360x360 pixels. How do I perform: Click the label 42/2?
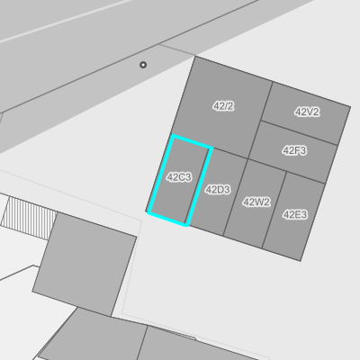[x=223, y=106]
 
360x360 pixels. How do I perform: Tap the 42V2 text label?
[x=307, y=112]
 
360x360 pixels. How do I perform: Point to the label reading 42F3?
[x=294, y=150]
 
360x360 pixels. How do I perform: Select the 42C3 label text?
[x=179, y=177]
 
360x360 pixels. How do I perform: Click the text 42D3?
[x=218, y=190]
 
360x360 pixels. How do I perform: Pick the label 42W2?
[x=256, y=202]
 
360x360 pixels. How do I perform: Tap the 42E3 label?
[x=295, y=214]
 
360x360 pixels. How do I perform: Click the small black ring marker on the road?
[x=143, y=65]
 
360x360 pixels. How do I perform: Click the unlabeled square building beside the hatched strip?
[x=85, y=264]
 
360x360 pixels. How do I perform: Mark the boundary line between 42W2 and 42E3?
[x=274, y=211]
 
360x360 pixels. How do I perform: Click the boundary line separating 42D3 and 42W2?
[x=236, y=197]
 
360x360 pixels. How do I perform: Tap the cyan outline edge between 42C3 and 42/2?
[x=193, y=141]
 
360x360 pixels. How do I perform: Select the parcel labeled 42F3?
[x=293, y=152]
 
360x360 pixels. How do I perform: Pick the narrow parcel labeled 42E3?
[x=294, y=216]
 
